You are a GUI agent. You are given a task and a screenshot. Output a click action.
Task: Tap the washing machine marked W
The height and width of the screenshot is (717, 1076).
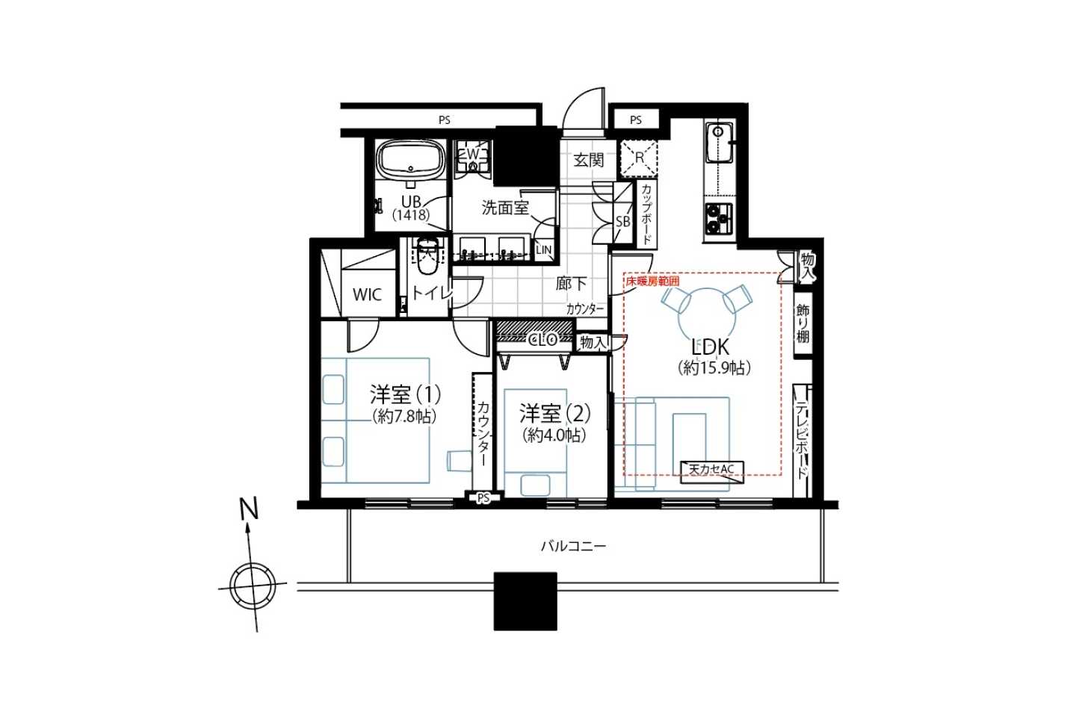tap(473, 156)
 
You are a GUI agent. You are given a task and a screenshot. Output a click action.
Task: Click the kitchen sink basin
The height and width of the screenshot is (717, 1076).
tap(719, 143)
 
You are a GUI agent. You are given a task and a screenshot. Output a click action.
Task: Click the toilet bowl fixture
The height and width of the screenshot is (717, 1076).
tap(427, 255)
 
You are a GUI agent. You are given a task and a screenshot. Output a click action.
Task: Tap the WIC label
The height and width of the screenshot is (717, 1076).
tap(368, 295)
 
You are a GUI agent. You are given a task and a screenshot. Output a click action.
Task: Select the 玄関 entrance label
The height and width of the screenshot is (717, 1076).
tap(589, 160)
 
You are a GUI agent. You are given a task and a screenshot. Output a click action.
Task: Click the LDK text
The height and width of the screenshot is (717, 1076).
tap(711, 347)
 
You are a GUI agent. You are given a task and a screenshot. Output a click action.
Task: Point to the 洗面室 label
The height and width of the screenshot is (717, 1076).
tap(505, 208)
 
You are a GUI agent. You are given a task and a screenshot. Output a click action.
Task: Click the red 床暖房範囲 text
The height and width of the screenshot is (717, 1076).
tap(652, 281)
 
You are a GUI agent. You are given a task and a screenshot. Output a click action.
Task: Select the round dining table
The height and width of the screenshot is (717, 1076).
tap(707, 317)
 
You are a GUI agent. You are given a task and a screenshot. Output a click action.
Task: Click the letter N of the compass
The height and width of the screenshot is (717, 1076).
tap(250, 509)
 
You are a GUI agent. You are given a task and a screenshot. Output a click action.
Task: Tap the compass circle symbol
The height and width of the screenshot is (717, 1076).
tap(253, 587)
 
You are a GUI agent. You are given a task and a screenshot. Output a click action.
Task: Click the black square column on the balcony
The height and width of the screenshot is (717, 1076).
tap(525, 600)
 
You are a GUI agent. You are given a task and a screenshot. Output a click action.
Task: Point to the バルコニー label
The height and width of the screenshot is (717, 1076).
tap(574, 547)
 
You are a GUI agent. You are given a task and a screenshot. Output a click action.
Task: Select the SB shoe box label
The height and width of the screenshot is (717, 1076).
tap(623, 222)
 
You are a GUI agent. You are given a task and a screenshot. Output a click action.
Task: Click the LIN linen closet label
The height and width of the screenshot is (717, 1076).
tap(544, 250)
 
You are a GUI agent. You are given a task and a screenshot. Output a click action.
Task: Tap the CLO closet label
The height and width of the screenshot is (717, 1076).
tap(543, 341)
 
